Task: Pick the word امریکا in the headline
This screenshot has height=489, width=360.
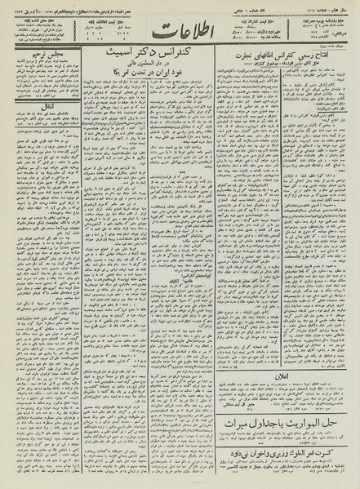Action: pyautogui.click(x=144, y=98)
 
